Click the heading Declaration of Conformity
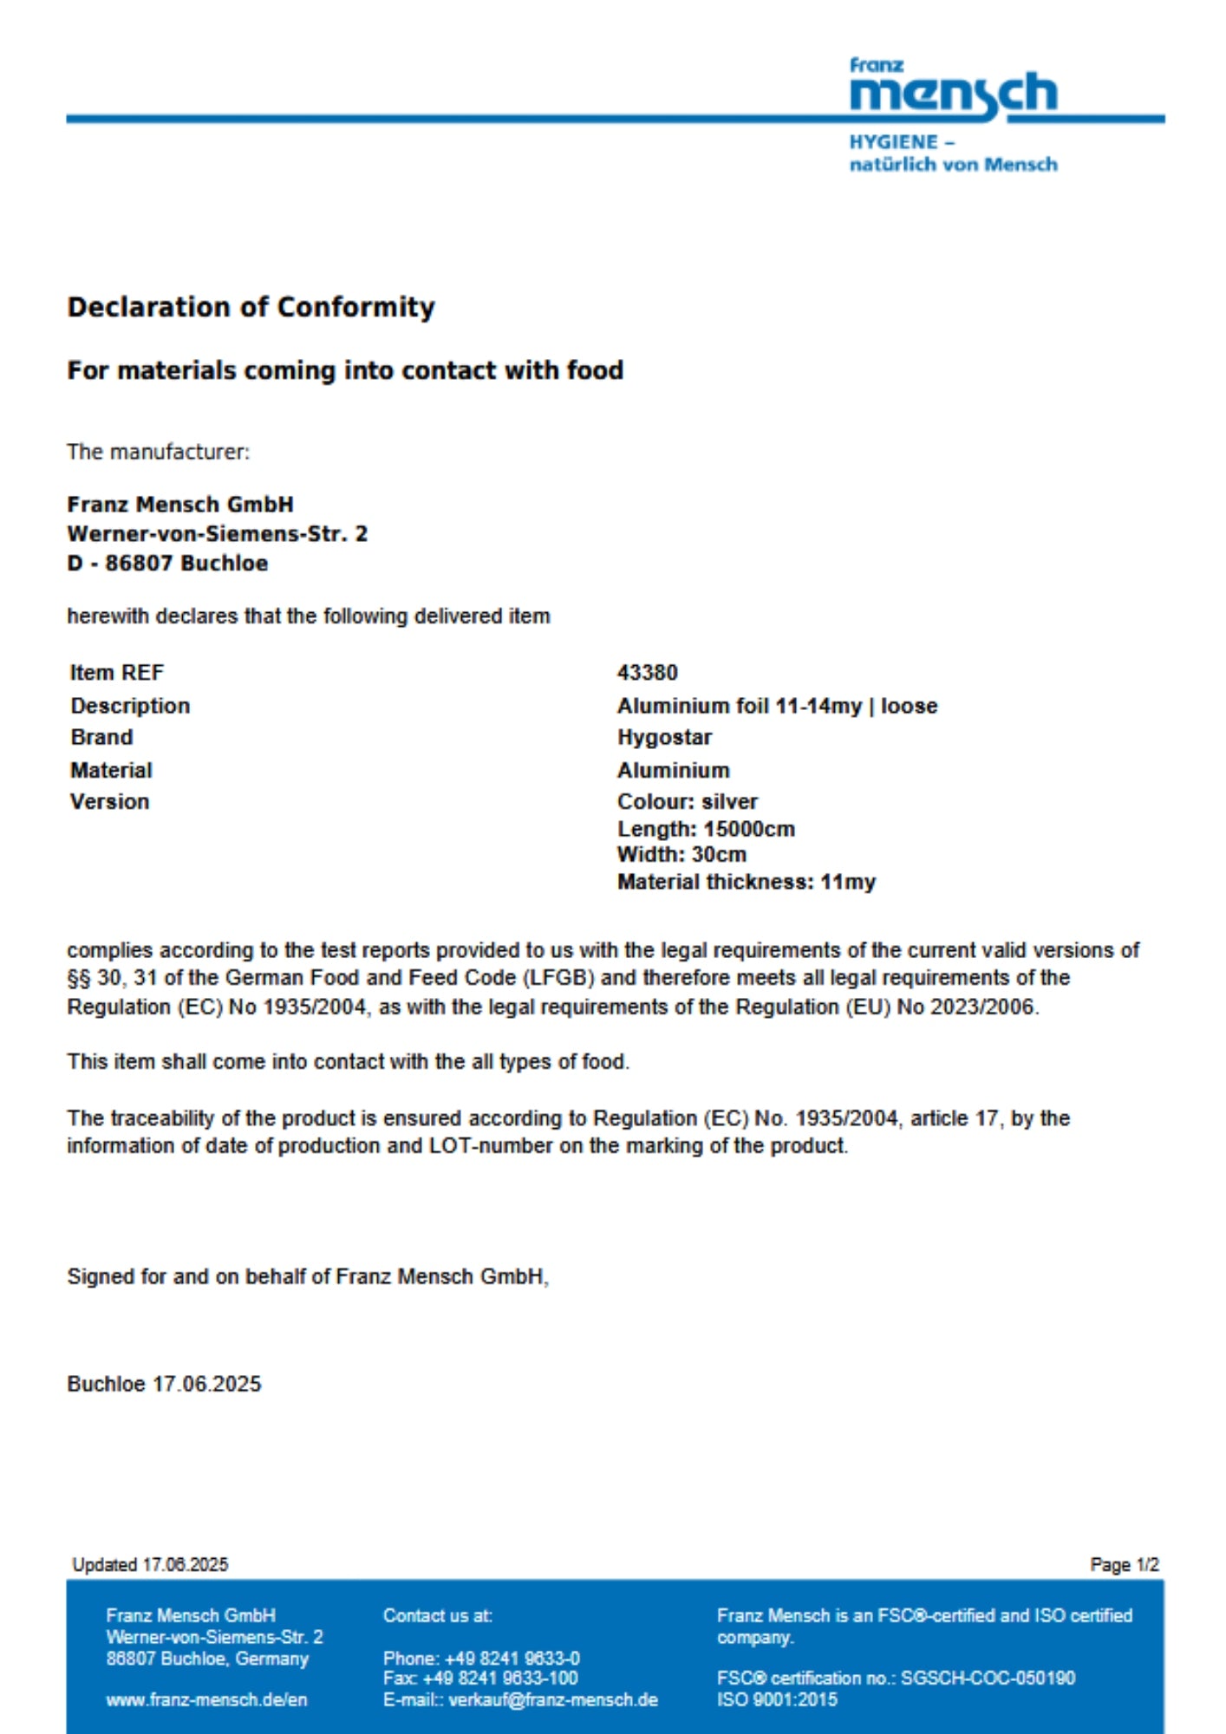pyautogui.click(x=251, y=307)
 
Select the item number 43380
pyautogui.click(x=647, y=673)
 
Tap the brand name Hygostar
pyautogui.click(x=664, y=737)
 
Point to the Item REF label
pyautogui.click(x=116, y=673)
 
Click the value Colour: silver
pyautogui.click(x=687, y=801)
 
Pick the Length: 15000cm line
pyautogui.click(x=706, y=829)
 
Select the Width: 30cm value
pyautogui.click(x=681, y=855)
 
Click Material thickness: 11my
pyautogui.click(x=746, y=882)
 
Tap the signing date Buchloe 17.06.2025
pyautogui.click(x=164, y=1384)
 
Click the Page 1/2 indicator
pyautogui.click(x=1124, y=1565)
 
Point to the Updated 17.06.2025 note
pyautogui.click(x=150, y=1565)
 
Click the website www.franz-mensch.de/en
pyautogui.click(x=206, y=1700)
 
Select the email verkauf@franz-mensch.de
pyautogui.click(x=552, y=1700)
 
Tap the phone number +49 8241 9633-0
pyautogui.click(x=512, y=1659)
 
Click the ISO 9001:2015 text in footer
pyautogui.click(x=777, y=1700)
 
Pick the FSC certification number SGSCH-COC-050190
pyautogui.click(x=988, y=1679)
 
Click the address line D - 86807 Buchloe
pyautogui.click(x=167, y=564)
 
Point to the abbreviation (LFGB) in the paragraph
pyautogui.click(x=558, y=978)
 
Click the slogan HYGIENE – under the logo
pyautogui.click(x=902, y=142)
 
